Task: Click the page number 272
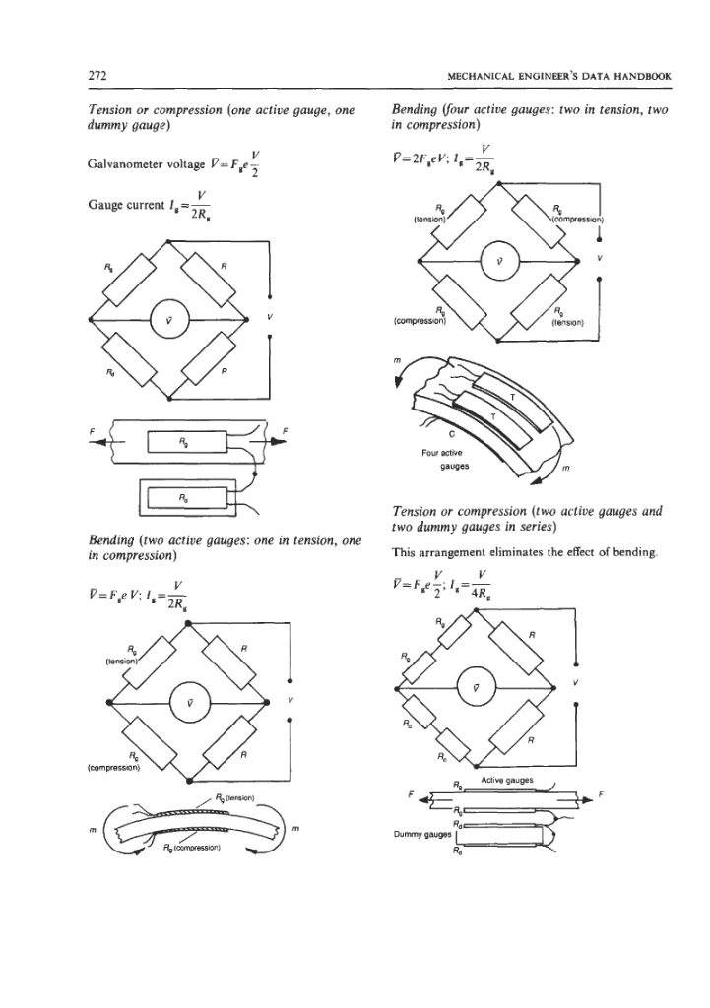click(x=97, y=75)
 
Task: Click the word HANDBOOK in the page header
click(x=642, y=76)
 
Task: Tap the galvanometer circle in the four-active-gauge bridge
click(x=499, y=261)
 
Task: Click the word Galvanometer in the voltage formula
click(x=125, y=164)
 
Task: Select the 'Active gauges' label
click(x=507, y=780)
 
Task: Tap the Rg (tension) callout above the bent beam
click(x=236, y=797)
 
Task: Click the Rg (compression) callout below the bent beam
click(x=193, y=847)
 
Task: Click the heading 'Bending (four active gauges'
click(x=472, y=110)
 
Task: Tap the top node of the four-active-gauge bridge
click(x=499, y=183)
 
